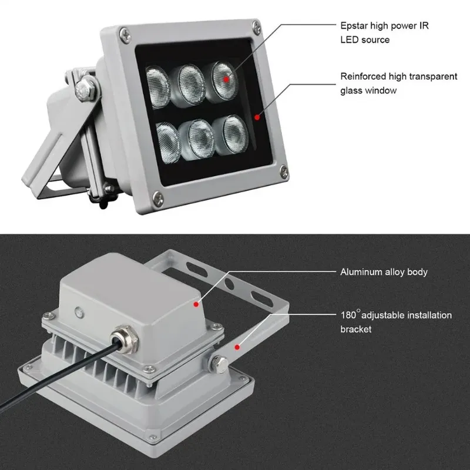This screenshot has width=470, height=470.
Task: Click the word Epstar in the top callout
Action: (x=354, y=26)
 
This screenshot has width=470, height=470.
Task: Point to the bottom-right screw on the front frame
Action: (x=283, y=172)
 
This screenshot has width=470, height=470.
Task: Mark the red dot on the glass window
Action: (x=257, y=117)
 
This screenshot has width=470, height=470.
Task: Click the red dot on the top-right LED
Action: (x=226, y=76)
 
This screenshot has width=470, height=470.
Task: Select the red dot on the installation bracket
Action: (x=237, y=347)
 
